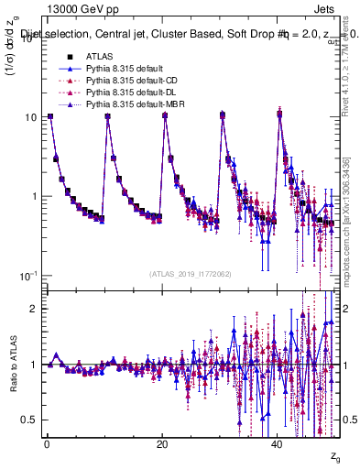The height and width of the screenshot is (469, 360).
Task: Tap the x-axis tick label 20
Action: pos(161,444)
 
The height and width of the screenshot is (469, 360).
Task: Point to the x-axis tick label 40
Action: pos(278,444)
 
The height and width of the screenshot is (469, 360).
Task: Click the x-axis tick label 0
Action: pos(46,444)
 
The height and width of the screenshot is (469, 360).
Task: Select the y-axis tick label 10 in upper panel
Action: pos(29,117)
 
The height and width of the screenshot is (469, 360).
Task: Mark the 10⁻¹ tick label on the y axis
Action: pos(27,276)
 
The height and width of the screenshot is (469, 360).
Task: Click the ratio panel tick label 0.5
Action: pos(29,420)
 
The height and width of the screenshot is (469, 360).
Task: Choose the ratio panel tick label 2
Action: pos(34,309)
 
